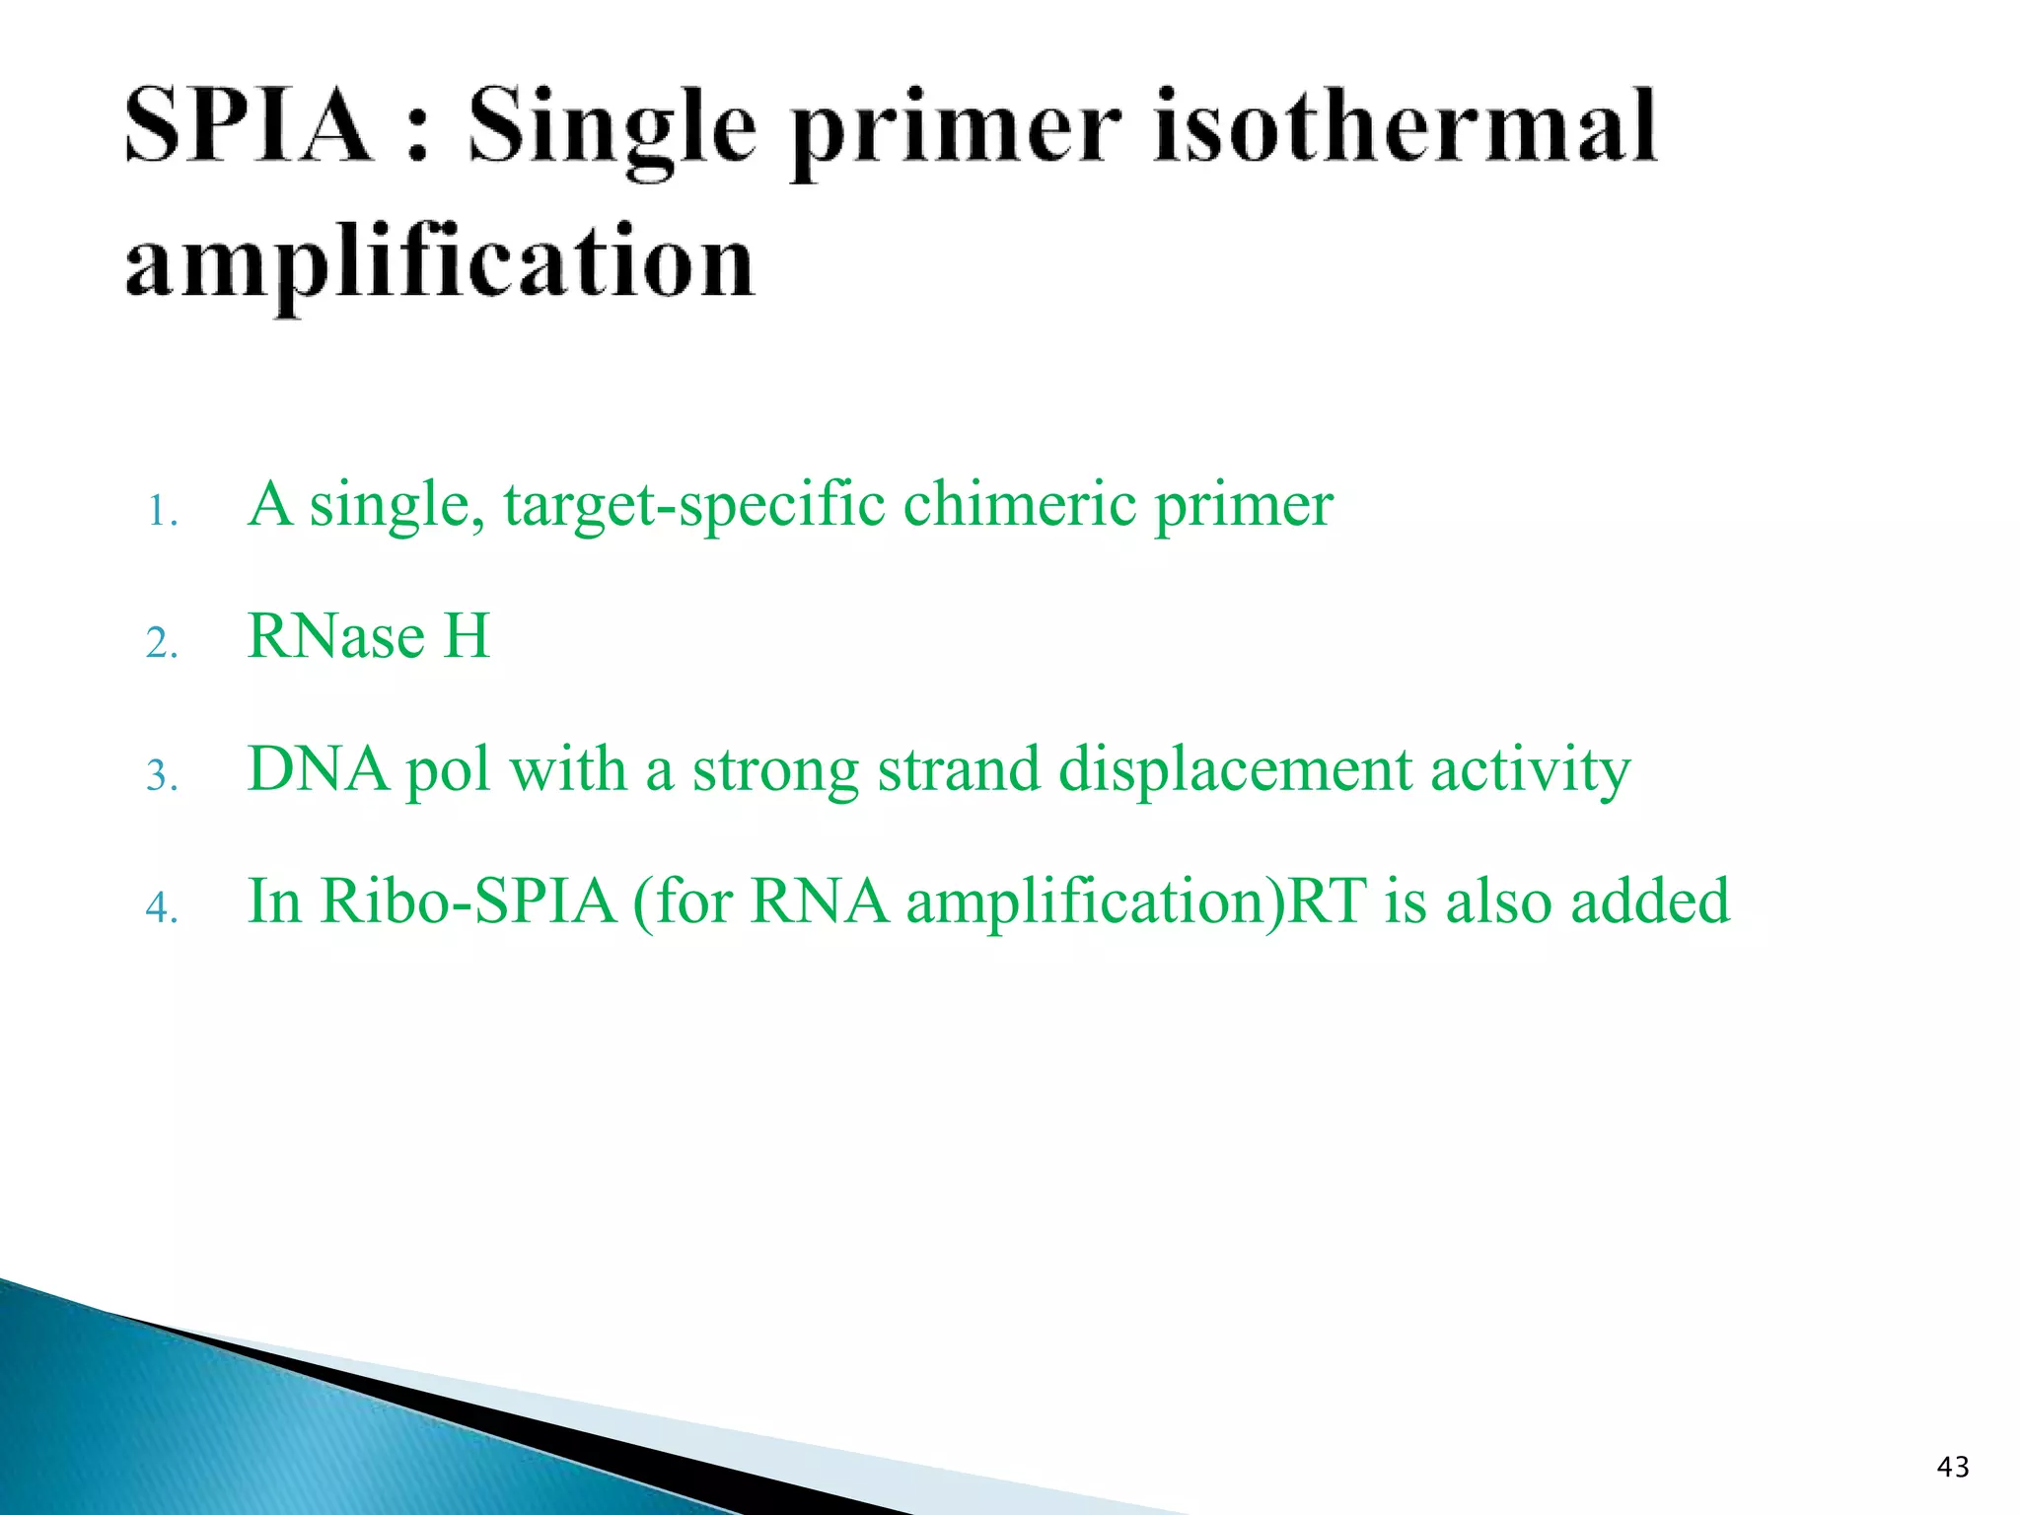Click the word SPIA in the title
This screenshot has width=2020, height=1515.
(x=248, y=126)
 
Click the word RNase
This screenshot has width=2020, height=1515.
(x=336, y=636)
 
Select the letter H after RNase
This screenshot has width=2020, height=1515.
(x=467, y=636)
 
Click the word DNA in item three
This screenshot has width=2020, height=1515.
(x=318, y=769)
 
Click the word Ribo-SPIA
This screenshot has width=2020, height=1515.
(x=469, y=902)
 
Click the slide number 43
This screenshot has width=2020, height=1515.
(x=1953, y=1468)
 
